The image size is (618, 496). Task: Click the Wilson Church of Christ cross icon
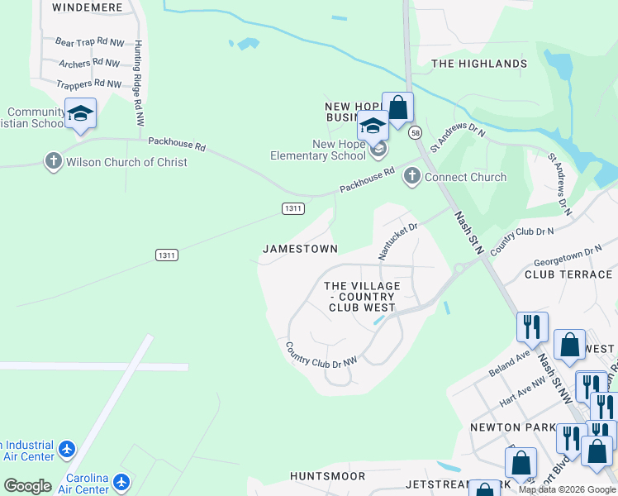[54, 161]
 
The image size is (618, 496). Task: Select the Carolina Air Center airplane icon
[121, 481]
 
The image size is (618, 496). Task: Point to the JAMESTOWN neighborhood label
[300, 249]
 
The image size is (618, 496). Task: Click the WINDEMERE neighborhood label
[87, 7]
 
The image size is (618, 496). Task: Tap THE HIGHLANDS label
[479, 64]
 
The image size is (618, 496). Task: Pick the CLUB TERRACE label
[570, 274]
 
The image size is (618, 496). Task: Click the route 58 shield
[415, 132]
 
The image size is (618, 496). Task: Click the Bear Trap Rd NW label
[88, 41]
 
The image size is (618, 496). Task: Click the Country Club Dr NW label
[321, 355]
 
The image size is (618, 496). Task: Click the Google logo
[28, 486]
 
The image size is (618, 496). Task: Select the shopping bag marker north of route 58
[397, 107]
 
